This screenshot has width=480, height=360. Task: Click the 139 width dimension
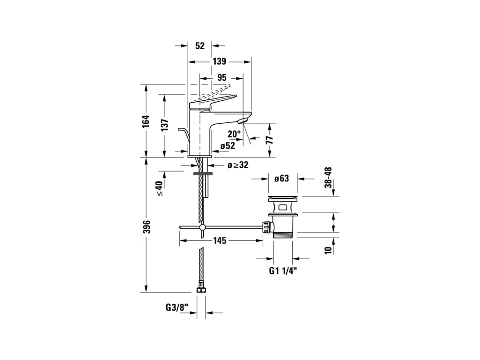219,61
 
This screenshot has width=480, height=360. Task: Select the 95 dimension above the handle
222,77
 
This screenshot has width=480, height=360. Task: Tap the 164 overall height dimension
147,121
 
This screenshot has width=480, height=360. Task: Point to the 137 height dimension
164,125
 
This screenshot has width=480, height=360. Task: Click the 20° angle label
235,134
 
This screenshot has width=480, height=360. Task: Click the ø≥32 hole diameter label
238,165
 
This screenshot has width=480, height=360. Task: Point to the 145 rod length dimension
220,240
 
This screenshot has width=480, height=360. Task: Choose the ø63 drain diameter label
281,179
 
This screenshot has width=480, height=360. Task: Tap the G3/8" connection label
177,307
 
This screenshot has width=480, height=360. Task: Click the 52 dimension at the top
200,45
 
